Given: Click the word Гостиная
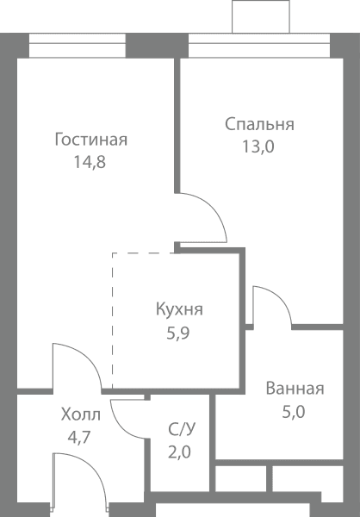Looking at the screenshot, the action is pos(91,140).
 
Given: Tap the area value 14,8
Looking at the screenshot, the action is pos(90,162).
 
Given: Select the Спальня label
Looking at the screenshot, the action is pos(259,125).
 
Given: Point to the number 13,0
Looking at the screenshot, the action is pos(258,146).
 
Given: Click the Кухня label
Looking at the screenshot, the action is pos(179,309).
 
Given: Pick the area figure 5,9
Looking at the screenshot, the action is pos(178,333).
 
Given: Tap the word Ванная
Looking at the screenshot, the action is pos(295,389).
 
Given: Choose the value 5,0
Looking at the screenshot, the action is pos(294,412).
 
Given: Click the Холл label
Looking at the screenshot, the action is pos(81,414).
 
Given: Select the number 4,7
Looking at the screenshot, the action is pos(79,438).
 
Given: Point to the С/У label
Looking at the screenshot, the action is pos(182,429).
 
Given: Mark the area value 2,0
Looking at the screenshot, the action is pos(180,452).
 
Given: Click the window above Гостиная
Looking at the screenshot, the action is pos(78,46).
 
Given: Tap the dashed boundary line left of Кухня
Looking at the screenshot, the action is pos(113,321).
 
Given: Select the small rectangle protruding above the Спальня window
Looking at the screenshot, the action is pos(261,16).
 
